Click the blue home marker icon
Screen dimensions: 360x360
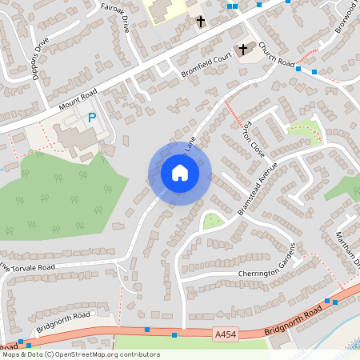pos(179,173)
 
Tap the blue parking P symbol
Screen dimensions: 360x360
pos(92,118)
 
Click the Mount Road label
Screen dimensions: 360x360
pos(77,101)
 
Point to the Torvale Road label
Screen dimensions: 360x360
pos(32,266)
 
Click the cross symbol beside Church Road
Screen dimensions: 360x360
pos(243,49)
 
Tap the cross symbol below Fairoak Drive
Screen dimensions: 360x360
pos(200,21)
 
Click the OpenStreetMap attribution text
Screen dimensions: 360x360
pos(80,354)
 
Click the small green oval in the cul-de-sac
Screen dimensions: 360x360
pos(212,221)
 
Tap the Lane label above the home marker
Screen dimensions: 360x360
pos(190,145)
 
